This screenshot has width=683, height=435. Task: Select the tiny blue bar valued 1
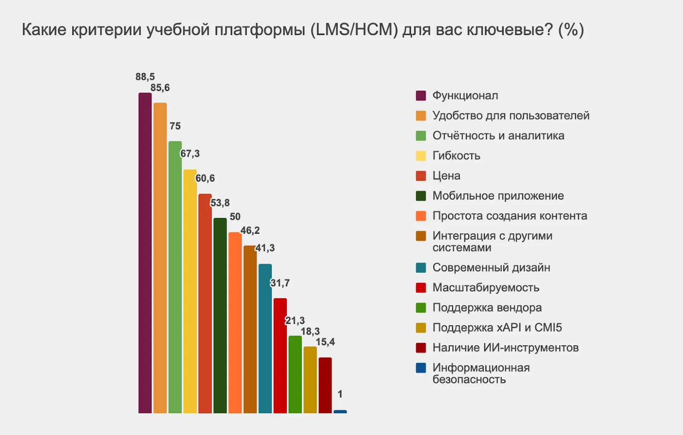point(340,411)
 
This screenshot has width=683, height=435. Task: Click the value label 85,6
point(160,88)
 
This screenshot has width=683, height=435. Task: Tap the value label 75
point(175,126)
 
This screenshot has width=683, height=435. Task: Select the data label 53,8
point(220,203)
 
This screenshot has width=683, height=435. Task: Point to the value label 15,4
point(325,342)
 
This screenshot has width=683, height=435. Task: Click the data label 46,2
point(250,230)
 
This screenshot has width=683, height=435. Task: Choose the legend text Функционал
point(465,95)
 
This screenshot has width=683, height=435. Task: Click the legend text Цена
point(446,176)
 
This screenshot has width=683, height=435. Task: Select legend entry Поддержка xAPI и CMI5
point(497,328)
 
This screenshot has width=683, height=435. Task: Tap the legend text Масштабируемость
point(486,288)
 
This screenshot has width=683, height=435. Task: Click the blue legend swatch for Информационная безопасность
point(421,368)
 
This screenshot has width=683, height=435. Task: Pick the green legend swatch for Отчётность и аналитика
point(421,136)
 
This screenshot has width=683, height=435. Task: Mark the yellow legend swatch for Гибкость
point(421,156)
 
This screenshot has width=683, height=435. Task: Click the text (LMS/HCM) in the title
point(354,30)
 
